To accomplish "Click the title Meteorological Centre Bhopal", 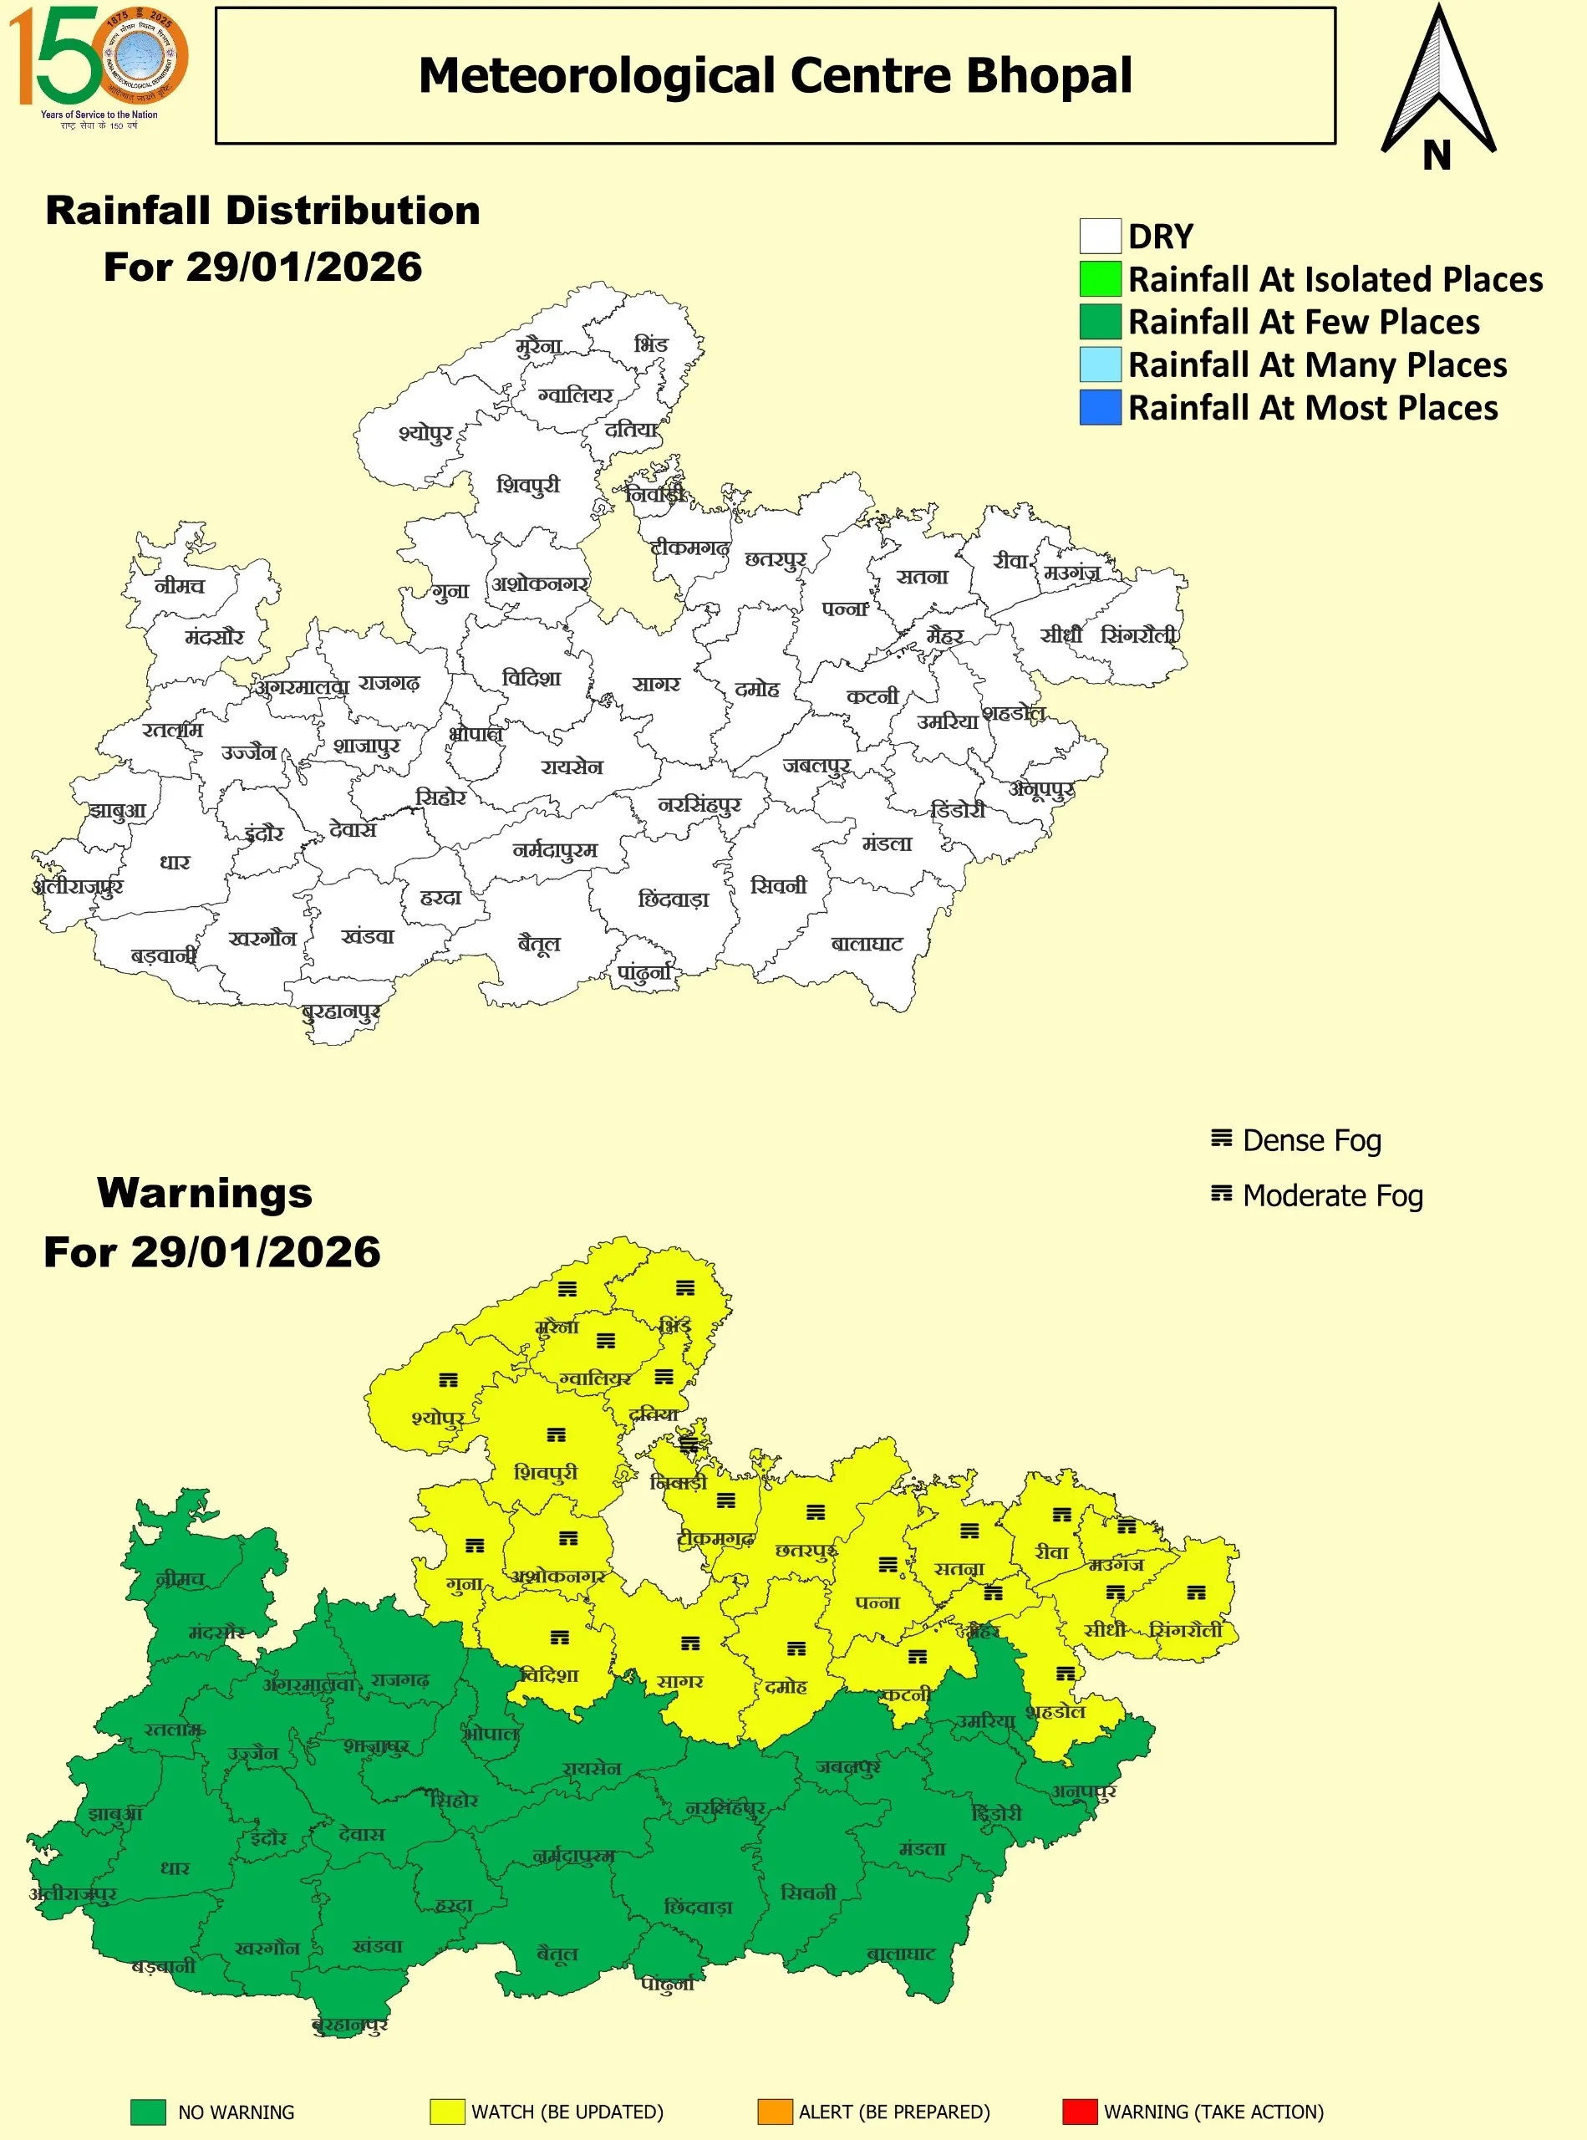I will pos(775,75).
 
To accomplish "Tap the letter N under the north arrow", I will pos(1437,155).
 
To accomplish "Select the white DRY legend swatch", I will pos(1100,236).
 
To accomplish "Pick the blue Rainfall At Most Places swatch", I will pos(1100,407).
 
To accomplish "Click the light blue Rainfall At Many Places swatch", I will pos(1100,364).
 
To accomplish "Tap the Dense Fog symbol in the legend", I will pos(1220,1139).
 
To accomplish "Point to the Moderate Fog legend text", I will pos(1332,1195).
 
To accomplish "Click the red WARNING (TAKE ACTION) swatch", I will pos(1079,2112).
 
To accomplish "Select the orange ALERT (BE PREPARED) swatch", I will pos(775,2112).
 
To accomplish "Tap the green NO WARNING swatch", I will pos(148,2112).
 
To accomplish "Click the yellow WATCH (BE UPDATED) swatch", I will pos(447,2112).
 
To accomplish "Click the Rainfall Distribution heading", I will pos(262,210).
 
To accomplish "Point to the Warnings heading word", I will pos(205,1193).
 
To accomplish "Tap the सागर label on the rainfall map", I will pos(656,684).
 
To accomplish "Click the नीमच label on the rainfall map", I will pos(180,585).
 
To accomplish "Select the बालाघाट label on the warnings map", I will pos(900,1954).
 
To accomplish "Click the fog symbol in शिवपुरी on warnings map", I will pos(555,1434).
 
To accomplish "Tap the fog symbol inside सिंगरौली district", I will pos(1195,1592).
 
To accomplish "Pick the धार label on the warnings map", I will pos(175,1868).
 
